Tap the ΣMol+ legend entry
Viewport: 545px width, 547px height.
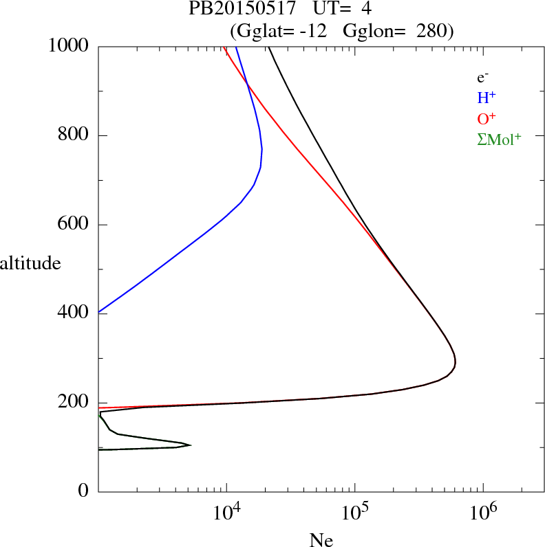pyautogui.click(x=499, y=139)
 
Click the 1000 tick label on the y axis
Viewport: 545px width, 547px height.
pyautogui.click(x=69, y=46)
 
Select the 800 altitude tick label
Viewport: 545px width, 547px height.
pyautogui.click(x=74, y=135)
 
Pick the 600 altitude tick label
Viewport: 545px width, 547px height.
pyautogui.click(x=74, y=225)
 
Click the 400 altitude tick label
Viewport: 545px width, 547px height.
pyautogui.click(x=74, y=313)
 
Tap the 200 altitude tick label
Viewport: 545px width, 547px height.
pyautogui.click(x=74, y=403)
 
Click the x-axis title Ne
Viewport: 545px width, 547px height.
pyautogui.click(x=321, y=540)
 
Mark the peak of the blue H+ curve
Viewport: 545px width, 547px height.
pyautogui.click(x=261, y=150)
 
